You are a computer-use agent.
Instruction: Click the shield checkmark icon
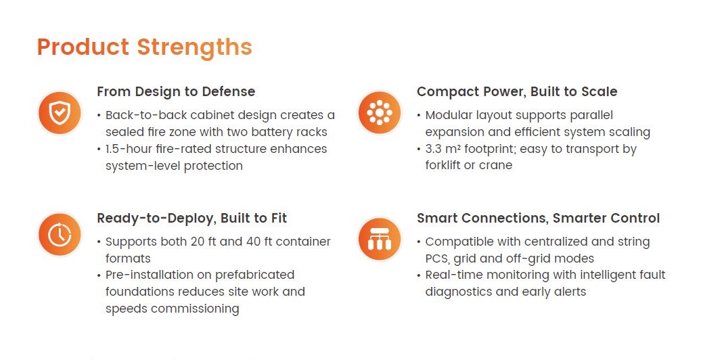tap(60, 113)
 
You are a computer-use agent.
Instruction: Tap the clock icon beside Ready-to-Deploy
tap(60, 235)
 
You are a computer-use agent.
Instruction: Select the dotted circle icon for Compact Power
tap(380, 112)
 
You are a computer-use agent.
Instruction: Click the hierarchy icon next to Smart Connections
tap(380, 239)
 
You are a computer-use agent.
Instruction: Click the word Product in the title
tap(83, 47)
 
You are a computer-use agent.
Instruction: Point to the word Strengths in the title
tap(194, 48)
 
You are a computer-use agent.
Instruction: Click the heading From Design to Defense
tap(176, 91)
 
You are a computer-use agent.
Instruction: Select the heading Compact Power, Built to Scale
tap(517, 91)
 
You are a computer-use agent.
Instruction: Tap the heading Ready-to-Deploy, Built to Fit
tap(192, 218)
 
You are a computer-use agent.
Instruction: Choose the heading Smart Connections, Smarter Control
tap(539, 218)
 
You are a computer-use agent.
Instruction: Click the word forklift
tap(443, 165)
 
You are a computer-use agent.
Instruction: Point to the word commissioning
tap(195, 309)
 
